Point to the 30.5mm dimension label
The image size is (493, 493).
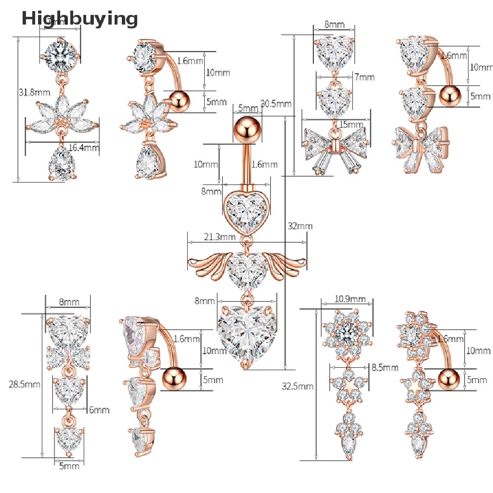pyautogui.click(x=275, y=103)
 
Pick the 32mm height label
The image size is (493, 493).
pyautogui.click(x=299, y=226)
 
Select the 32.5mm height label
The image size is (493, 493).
pyautogui.click(x=298, y=386)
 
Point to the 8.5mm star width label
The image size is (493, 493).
pyautogui.click(x=385, y=367)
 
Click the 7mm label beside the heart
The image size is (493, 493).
pyautogui.click(x=364, y=77)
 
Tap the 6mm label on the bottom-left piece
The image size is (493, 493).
pyautogui.click(x=99, y=410)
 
